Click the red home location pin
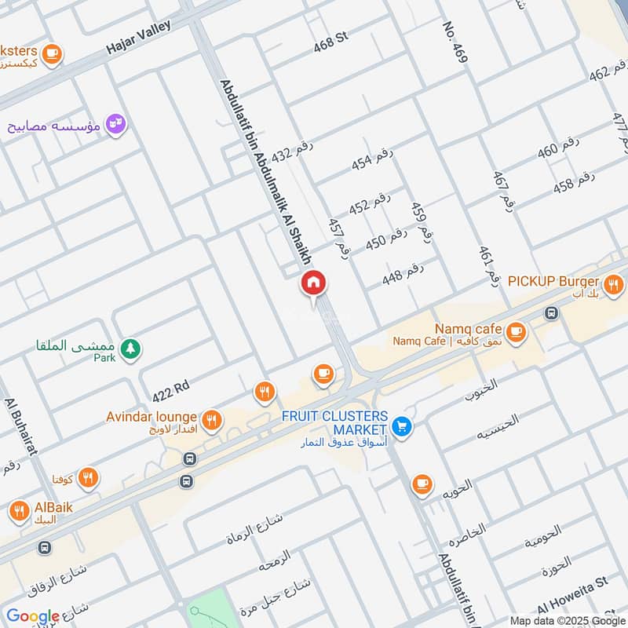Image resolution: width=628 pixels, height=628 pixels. click(x=313, y=283)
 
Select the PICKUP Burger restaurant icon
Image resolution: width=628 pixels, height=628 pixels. click(x=614, y=283)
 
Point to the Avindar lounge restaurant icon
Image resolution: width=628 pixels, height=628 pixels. click(x=210, y=420)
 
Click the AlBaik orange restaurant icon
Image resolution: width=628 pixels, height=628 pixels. click(x=20, y=512)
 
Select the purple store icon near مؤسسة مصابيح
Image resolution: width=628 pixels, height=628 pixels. click(x=115, y=124)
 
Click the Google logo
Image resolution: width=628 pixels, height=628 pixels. click(x=32, y=617)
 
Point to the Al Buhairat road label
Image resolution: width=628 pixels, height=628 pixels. click(x=19, y=422)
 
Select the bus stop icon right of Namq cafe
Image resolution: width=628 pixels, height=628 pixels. click(x=552, y=312)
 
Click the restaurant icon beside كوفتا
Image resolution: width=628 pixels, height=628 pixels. click(x=88, y=476)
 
